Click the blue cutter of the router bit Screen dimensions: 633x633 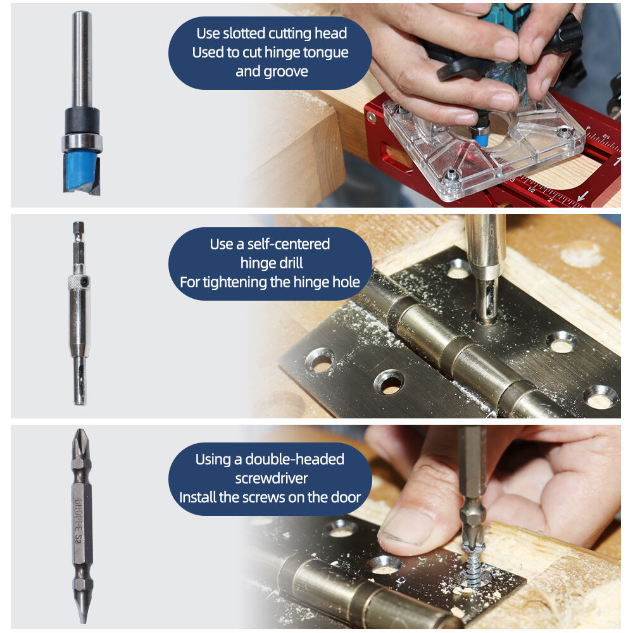pyautogui.click(x=81, y=172)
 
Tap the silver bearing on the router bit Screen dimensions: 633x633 pyautogui.click(x=82, y=142)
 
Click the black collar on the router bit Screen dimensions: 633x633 pyautogui.click(x=82, y=120)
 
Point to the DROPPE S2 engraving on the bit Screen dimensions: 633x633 pyautogui.click(x=78, y=520)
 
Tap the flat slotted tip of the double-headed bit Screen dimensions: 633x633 pyautogui.click(x=83, y=610)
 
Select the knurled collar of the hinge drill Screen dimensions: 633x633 pyautogui.click(x=78, y=282)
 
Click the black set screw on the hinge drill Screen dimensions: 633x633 pyautogui.click(x=85, y=280)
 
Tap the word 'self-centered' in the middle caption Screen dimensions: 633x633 pyautogui.click(x=288, y=244)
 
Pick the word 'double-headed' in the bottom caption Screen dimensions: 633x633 pyautogui.click(x=294, y=459)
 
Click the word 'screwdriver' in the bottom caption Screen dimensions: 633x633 pyautogui.click(x=272, y=479)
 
